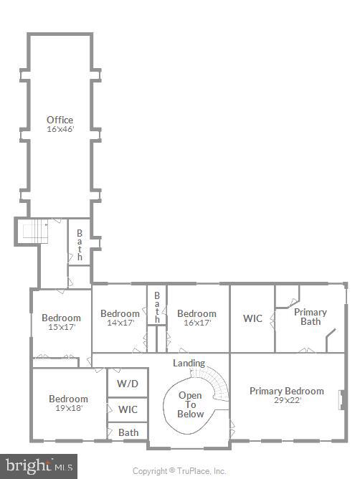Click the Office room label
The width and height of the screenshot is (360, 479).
click(x=60, y=120)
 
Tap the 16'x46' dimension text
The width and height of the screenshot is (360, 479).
click(x=60, y=129)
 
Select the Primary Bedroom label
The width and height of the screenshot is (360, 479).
click(x=286, y=391)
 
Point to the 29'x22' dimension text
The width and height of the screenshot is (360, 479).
click(x=286, y=400)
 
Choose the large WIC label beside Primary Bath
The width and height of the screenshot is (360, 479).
click(x=252, y=318)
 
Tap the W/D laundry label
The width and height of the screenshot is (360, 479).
click(x=128, y=384)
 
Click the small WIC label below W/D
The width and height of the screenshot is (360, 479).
click(x=128, y=409)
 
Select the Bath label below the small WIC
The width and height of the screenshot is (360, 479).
click(x=128, y=432)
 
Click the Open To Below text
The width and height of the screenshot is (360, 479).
click(x=190, y=404)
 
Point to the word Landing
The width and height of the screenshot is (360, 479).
click(x=189, y=363)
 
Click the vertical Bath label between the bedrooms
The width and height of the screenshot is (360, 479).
click(x=156, y=307)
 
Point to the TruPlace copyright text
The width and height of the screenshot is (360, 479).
click(x=179, y=471)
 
